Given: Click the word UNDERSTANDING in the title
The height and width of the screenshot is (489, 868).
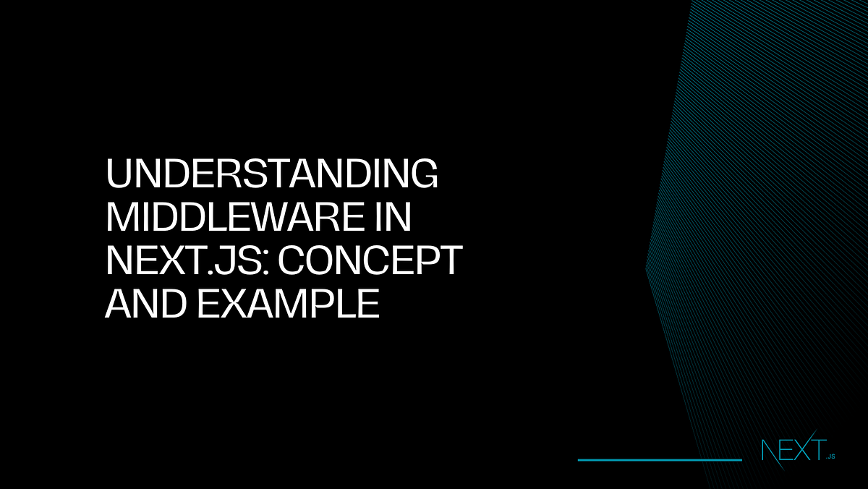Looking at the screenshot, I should [272, 175].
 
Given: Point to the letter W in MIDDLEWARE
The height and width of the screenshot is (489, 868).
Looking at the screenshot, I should [290, 218].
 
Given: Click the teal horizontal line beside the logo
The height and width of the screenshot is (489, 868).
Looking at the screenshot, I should [660, 459].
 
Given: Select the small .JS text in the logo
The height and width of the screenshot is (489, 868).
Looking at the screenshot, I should [830, 456].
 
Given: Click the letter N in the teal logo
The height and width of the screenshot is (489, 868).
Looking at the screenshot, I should [770, 451].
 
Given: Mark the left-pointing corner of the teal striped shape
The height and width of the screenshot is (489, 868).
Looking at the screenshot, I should [647, 268].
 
